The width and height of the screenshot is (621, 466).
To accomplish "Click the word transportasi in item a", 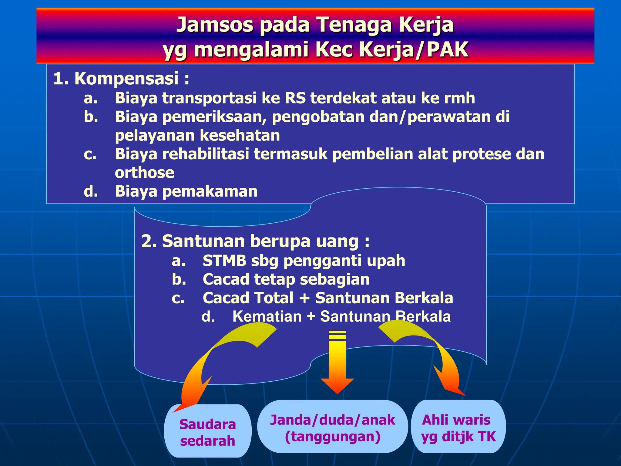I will click(209, 98).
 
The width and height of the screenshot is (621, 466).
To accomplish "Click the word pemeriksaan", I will click(214, 117).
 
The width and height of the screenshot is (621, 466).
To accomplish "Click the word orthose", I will click(144, 173).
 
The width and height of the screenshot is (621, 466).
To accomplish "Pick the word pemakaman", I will click(210, 192).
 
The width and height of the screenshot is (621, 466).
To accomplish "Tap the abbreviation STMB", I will click(224, 261).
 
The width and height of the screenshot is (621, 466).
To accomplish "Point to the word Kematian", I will click(267, 317).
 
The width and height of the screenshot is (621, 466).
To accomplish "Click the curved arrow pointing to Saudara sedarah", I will click(212, 358).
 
